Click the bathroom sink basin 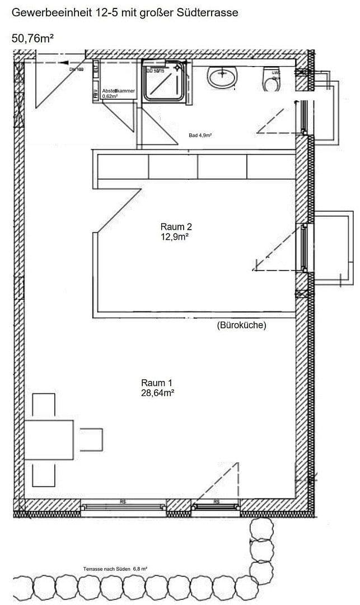pos(223,77)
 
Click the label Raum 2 pos(176,227)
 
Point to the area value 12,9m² pos(176,237)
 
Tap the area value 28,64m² pos(157,393)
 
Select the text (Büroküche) pos(241,325)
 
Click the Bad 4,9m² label pos(200,136)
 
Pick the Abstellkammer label pos(118,91)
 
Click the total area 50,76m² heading pos(32,38)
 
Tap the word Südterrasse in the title pos(208,12)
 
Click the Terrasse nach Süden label pos(107,569)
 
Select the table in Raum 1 pos(49,439)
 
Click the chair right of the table pos(91,439)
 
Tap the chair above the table pos(44,406)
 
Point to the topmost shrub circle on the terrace pos(262,529)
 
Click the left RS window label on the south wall pos(123,502)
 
